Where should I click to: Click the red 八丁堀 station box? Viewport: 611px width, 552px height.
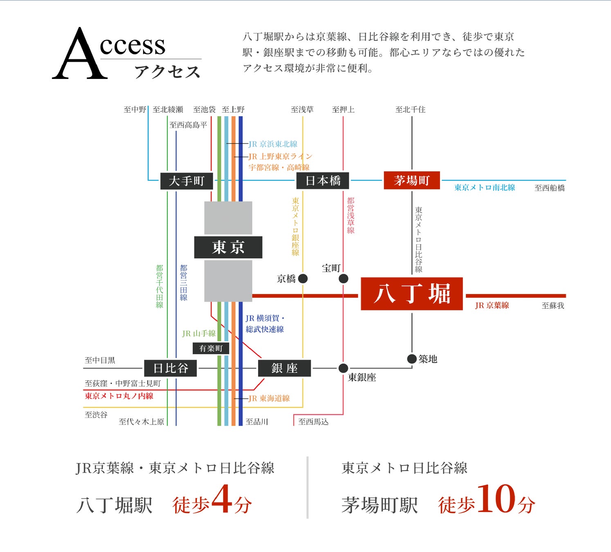click(x=411, y=294)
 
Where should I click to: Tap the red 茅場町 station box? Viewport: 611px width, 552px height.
click(x=411, y=180)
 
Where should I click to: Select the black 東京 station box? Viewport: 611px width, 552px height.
click(x=228, y=247)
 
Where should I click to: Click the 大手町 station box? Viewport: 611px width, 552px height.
click(x=186, y=181)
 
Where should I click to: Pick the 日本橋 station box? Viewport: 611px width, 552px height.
click(x=323, y=181)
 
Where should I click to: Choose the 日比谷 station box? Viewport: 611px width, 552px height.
click(x=171, y=368)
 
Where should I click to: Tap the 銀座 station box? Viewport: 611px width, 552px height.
click(x=284, y=368)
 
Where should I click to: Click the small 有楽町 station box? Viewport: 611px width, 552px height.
click(x=211, y=348)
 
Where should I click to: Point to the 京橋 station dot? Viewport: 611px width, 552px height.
click(x=303, y=279)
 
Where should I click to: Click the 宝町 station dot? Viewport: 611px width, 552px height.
click(x=344, y=279)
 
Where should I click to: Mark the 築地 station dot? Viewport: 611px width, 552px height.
click(x=412, y=359)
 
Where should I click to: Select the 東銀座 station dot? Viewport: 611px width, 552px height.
click(x=344, y=368)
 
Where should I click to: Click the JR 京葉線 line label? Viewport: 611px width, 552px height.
click(x=492, y=305)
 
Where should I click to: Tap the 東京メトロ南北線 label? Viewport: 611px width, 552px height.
click(x=485, y=188)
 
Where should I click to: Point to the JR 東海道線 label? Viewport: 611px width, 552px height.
click(x=269, y=398)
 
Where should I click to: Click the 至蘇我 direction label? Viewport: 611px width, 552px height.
click(x=553, y=305)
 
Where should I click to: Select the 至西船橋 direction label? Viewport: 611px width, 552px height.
click(x=549, y=188)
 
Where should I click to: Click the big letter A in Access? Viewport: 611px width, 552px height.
click(x=80, y=55)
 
